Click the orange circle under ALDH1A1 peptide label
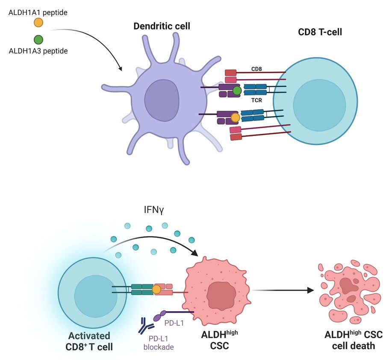click(x=38, y=23)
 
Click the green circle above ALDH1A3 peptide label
click(x=38, y=40)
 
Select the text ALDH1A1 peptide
click(x=38, y=12)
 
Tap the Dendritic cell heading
click(x=162, y=27)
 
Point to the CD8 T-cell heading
click(x=319, y=32)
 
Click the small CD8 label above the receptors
click(x=256, y=68)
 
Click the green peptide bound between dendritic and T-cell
click(x=237, y=90)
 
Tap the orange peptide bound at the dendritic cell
click(x=235, y=117)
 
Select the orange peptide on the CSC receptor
click(x=156, y=289)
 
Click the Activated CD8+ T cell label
click(x=89, y=341)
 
